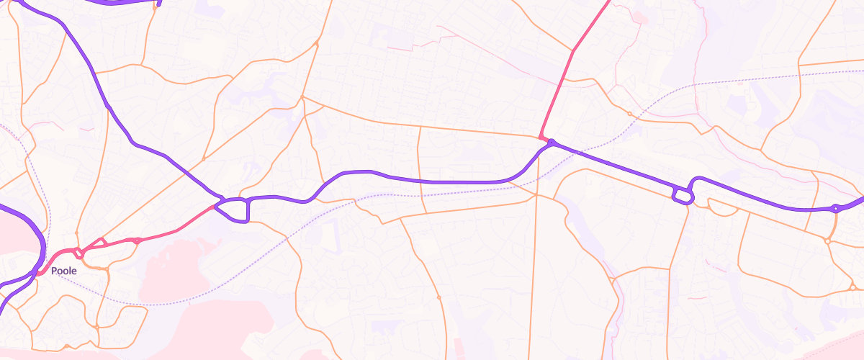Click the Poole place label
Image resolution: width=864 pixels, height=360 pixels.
tap(63, 271)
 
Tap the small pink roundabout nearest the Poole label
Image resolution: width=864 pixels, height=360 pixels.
tap(80, 253)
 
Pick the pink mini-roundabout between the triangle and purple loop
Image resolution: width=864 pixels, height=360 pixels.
tap(137, 240)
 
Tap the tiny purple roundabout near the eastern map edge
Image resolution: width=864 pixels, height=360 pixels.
tap(835, 209)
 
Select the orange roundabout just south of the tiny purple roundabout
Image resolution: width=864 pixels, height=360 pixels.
tap(828, 241)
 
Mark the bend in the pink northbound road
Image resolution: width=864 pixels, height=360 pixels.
tap(572, 51)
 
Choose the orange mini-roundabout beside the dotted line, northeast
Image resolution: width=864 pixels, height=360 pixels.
tap(629, 114)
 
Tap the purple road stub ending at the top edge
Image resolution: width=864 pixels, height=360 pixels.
tap(158, 3)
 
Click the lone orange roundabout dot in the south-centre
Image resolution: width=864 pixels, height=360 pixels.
tap(438, 297)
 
